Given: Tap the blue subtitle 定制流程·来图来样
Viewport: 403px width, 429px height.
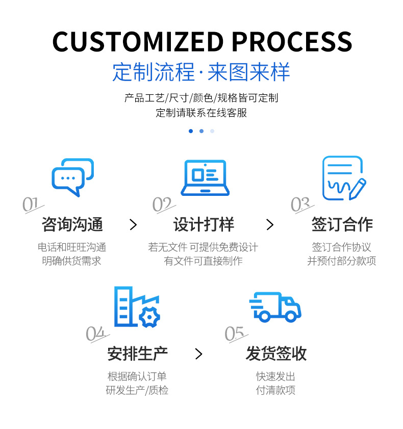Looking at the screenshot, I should [x=201, y=72].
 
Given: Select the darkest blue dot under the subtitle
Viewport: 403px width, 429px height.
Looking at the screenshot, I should [x=191, y=131].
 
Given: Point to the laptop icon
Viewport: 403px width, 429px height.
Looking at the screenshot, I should [x=205, y=177].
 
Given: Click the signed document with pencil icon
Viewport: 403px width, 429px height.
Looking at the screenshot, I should [x=343, y=178].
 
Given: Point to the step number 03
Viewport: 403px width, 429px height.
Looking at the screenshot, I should [x=300, y=205].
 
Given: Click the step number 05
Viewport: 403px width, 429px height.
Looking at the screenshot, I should [x=235, y=334].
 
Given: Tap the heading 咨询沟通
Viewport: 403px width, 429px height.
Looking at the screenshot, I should [x=72, y=224].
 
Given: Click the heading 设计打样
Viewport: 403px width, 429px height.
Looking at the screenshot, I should [x=204, y=224].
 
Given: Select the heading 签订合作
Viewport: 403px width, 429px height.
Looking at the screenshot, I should [x=342, y=224].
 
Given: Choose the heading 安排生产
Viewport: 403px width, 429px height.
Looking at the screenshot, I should [x=138, y=354].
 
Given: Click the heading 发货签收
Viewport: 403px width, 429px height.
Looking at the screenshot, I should [x=276, y=354].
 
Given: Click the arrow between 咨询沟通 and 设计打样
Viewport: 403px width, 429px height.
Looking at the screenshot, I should [x=133, y=224].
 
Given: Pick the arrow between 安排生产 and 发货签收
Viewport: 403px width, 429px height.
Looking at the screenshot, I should [x=199, y=354].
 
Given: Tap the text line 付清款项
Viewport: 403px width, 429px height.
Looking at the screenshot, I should [x=275, y=390].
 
